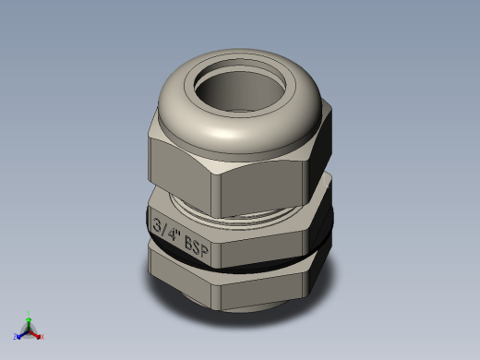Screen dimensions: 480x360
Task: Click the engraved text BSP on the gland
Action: (x=197, y=246)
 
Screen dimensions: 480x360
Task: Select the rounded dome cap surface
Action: (x=240, y=129)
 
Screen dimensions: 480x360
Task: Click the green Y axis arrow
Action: (x=29, y=324)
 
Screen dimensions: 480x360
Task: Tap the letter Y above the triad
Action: (x=29, y=313)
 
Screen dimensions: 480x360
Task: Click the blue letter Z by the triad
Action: (x=15, y=337)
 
